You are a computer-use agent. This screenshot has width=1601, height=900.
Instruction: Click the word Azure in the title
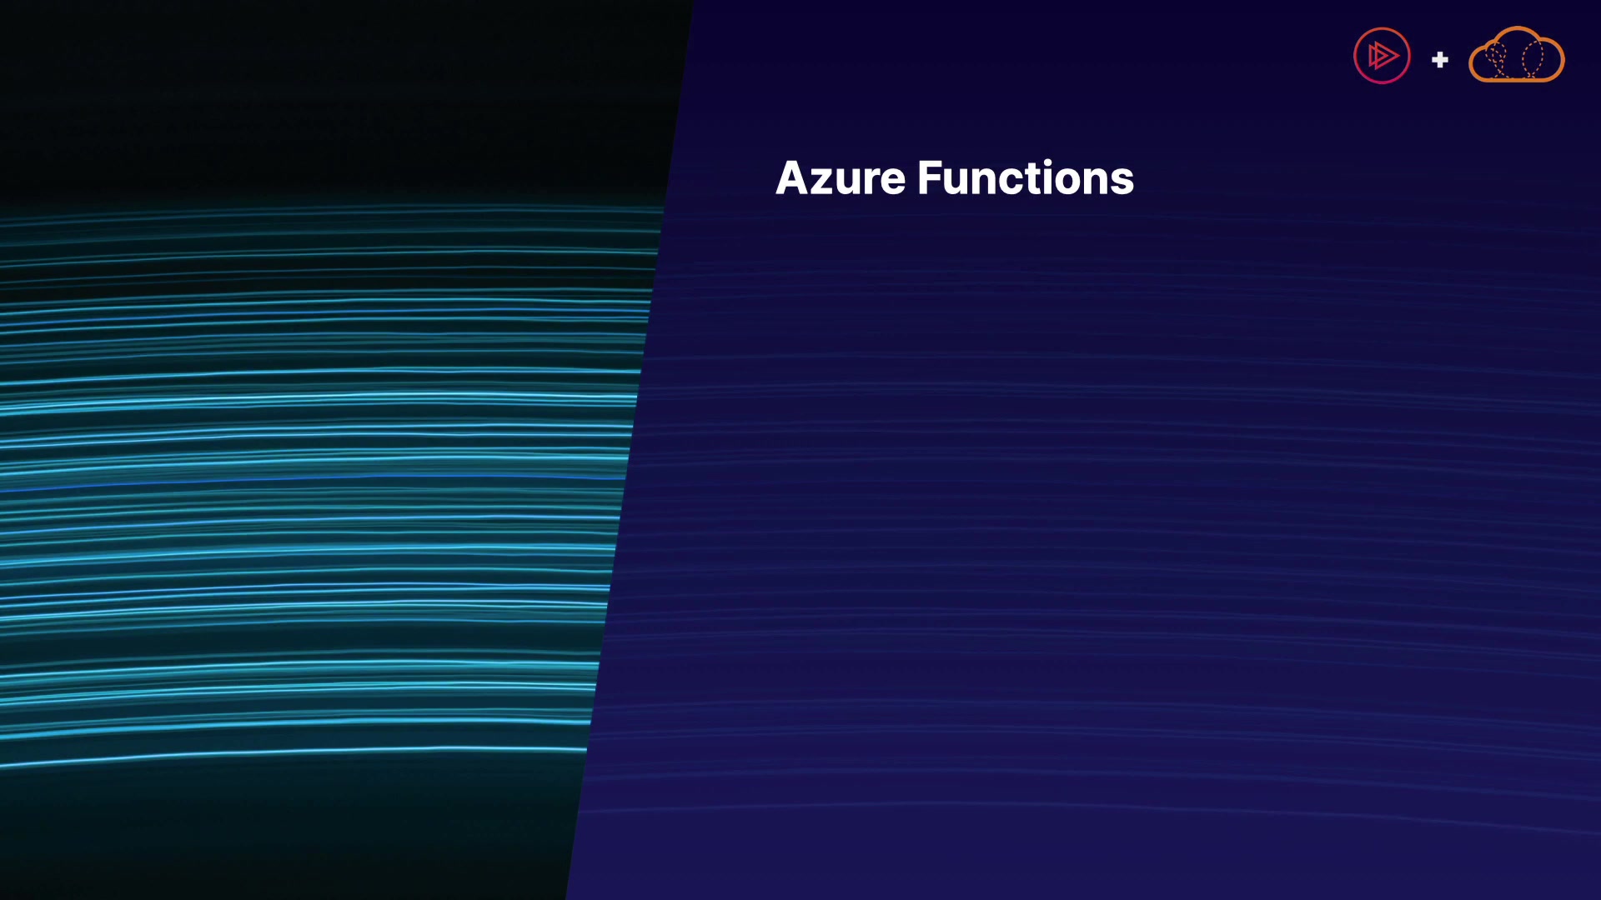(x=841, y=178)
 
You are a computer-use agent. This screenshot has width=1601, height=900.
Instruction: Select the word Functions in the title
(x=1026, y=178)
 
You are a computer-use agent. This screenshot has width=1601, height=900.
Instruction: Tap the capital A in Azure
(x=793, y=178)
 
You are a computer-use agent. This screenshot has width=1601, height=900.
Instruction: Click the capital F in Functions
(x=930, y=178)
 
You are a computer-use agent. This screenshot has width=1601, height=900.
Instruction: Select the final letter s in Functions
(x=1122, y=183)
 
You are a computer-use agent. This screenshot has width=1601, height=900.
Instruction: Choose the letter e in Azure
(x=892, y=183)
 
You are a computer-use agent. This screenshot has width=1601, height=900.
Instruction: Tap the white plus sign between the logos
(x=1440, y=60)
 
